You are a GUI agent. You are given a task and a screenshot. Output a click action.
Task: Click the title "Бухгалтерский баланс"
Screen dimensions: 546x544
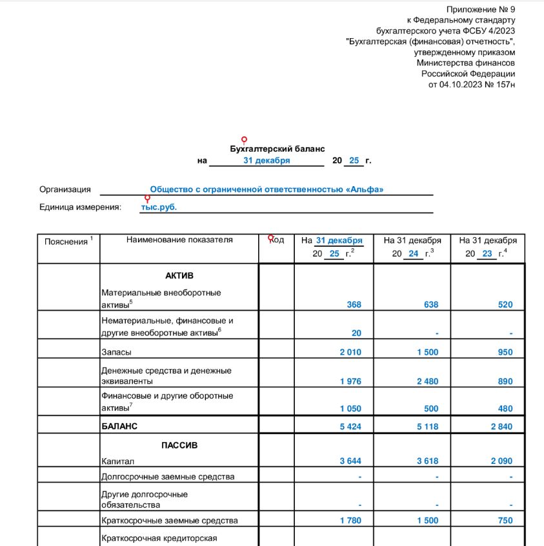coord(277,149)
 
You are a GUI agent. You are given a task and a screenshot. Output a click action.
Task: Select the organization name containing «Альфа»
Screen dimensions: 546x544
coord(267,189)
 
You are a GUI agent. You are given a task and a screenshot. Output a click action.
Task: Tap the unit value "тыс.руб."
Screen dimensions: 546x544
coord(159,207)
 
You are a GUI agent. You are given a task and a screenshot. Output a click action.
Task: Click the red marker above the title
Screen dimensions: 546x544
coord(244,140)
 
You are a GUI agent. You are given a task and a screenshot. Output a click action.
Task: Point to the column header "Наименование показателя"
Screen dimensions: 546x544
coord(179,240)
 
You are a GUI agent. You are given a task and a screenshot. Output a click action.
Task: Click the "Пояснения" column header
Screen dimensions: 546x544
coord(66,242)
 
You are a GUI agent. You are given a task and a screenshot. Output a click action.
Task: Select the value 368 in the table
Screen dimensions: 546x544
coord(354,304)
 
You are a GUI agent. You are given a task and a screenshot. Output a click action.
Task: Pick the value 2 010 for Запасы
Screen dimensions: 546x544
coord(350,352)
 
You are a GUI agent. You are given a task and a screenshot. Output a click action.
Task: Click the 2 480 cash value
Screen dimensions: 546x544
coord(427,381)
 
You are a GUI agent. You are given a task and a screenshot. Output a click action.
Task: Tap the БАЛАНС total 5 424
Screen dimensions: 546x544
coord(350,426)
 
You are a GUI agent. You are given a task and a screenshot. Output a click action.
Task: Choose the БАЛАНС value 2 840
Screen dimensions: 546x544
coord(500,426)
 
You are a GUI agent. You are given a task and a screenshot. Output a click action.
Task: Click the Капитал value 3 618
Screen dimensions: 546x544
coord(427,461)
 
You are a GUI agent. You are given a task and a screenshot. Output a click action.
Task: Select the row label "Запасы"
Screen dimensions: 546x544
coord(116,352)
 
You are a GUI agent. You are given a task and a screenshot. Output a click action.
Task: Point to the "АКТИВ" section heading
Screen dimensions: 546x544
coord(179,276)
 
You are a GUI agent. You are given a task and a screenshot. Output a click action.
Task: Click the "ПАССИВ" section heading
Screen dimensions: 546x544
coord(179,445)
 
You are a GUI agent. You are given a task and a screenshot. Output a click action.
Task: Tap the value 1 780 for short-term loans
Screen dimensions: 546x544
coord(350,520)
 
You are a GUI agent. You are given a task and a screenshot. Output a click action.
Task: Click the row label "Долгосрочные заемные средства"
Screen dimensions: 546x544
coord(168,477)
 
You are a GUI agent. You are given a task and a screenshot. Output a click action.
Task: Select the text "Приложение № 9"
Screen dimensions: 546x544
coord(481,9)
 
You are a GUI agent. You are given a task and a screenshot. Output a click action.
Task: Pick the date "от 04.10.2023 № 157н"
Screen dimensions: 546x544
coord(472,84)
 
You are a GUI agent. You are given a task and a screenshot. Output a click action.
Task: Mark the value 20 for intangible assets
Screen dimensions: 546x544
coord(357,333)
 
